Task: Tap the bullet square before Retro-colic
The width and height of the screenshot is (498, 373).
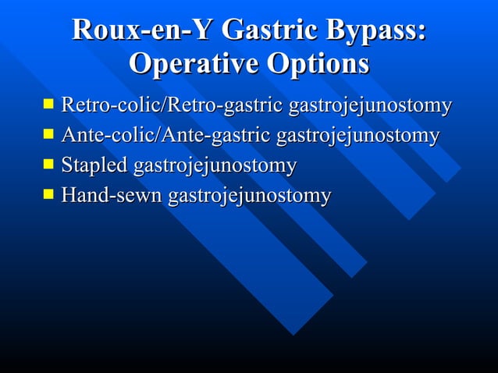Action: [x=50, y=103]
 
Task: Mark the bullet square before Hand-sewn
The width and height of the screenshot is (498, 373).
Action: [x=50, y=194]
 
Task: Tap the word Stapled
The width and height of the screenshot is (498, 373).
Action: [x=95, y=165]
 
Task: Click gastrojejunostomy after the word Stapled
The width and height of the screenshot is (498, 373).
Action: [x=215, y=166]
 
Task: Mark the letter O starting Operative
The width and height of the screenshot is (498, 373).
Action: [x=141, y=63]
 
